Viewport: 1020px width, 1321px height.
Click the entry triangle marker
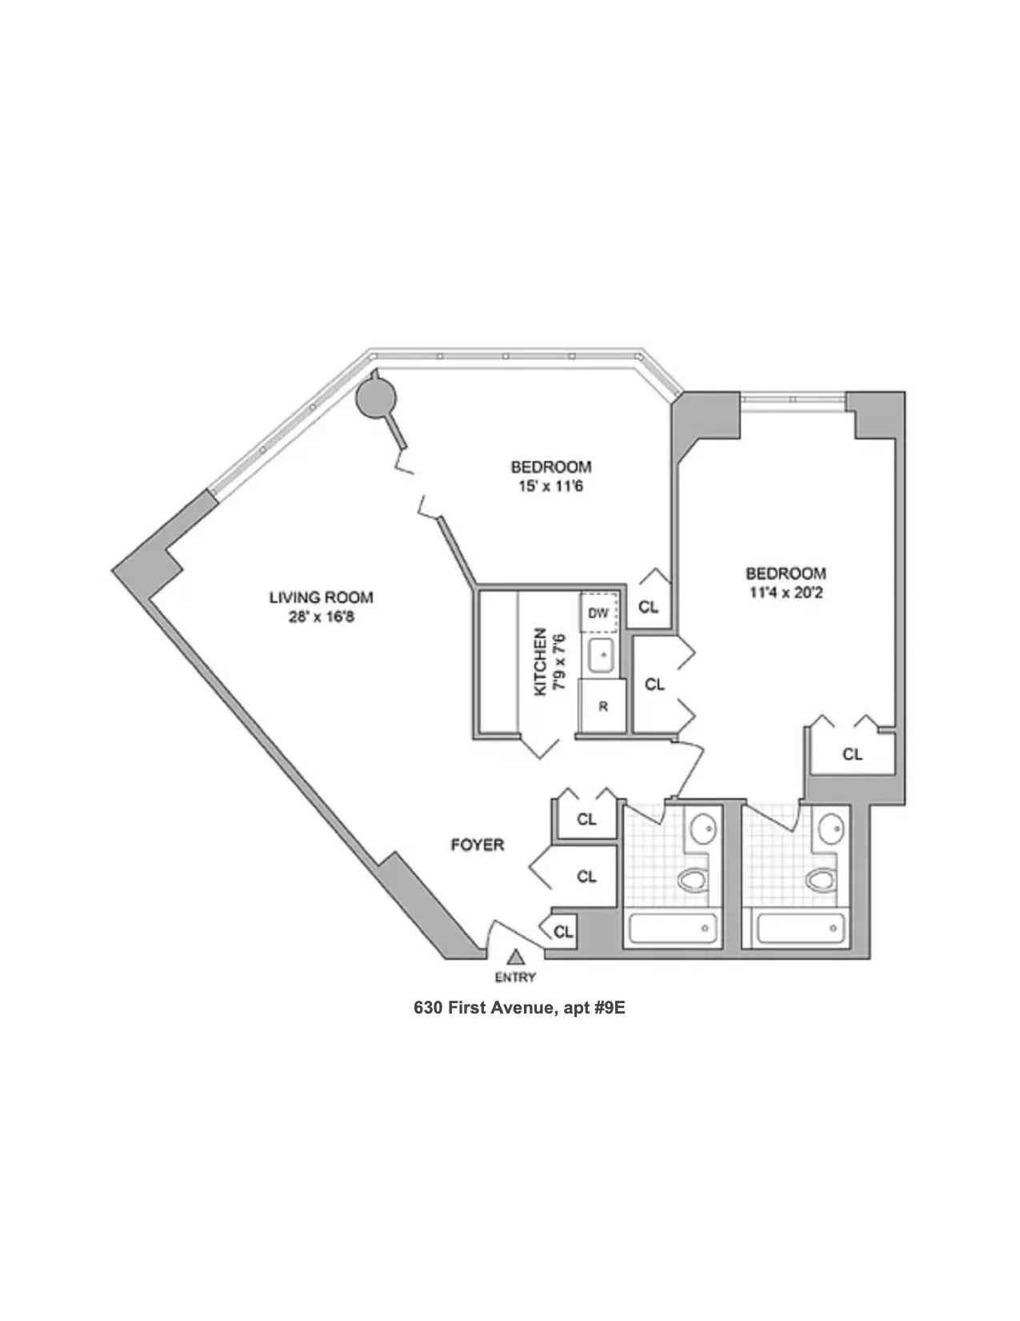(x=516, y=956)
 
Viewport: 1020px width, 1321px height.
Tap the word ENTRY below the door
(x=516, y=978)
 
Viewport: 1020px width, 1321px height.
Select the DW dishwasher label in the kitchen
(x=598, y=613)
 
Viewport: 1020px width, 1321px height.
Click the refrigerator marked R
(x=603, y=707)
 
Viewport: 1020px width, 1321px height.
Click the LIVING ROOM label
(x=321, y=597)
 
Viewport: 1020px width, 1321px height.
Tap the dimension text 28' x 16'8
(x=321, y=617)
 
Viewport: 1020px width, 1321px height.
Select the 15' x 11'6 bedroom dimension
(x=551, y=486)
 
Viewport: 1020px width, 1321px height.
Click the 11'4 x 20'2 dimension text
(x=786, y=593)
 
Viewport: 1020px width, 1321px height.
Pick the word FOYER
(x=478, y=845)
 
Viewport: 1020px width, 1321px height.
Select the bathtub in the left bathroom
(x=671, y=930)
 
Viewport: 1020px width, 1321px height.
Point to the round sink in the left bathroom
(x=704, y=827)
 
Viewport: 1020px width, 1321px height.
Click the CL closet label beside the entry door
(x=563, y=932)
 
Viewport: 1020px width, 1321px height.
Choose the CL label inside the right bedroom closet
(x=853, y=754)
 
